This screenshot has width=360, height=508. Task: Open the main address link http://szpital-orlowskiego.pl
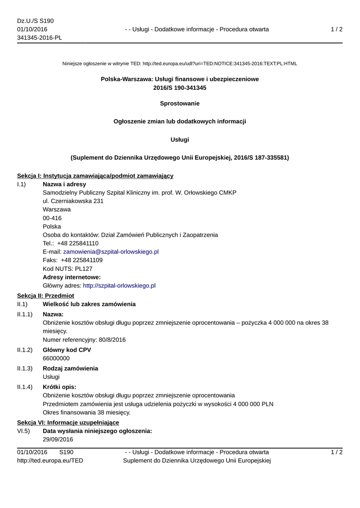[x=119, y=286]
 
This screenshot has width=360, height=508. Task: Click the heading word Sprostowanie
[x=180, y=104]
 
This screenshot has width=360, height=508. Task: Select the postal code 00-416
[x=53, y=218]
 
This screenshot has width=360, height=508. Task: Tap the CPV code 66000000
[x=56, y=358]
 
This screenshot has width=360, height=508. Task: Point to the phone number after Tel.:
[x=78, y=244]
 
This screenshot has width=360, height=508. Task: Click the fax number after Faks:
[x=82, y=260]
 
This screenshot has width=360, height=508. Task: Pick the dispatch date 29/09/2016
[x=58, y=440]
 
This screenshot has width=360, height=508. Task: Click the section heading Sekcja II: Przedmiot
[x=46, y=295]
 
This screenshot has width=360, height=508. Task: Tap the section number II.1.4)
[x=25, y=387]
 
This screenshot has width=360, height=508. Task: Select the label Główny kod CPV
[x=67, y=350]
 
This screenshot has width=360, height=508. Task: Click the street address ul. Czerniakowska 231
[x=73, y=201]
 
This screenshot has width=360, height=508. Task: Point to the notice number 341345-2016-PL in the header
[x=40, y=38]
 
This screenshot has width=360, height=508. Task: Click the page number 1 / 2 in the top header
[x=337, y=29]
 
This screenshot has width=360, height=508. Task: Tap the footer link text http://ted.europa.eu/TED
[x=50, y=461]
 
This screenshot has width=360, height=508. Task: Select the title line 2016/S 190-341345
[x=180, y=88]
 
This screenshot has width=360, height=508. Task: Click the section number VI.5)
[x=23, y=431]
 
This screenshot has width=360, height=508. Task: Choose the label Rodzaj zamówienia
[x=71, y=369]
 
